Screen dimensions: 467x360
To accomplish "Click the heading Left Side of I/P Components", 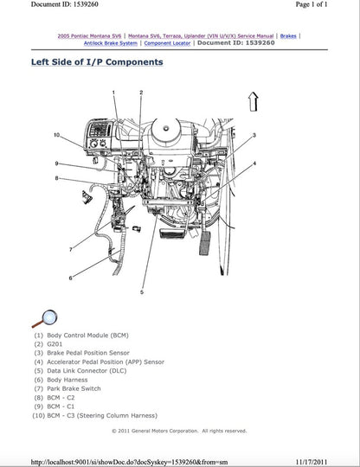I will [96, 62].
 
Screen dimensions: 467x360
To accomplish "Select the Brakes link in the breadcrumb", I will [289, 35].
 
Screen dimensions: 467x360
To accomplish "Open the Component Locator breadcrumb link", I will [168, 42].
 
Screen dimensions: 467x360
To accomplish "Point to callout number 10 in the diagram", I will [56, 135].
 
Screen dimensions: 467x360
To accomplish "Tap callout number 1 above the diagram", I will [115, 92].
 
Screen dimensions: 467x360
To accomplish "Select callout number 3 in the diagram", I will [254, 136].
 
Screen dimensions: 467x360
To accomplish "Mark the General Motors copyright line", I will [179, 430].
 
